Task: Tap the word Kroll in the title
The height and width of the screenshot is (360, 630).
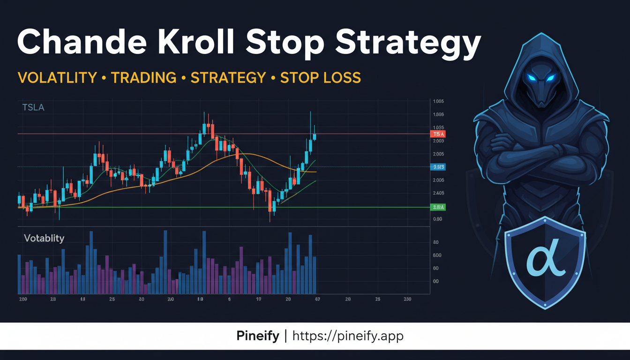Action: [x=199, y=43]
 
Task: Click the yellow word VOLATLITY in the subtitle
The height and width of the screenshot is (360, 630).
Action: [x=57, y=78]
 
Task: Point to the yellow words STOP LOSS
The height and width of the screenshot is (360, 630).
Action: [x=321, y=78]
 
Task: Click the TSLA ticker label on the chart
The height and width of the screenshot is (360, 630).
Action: [x=33, y=108]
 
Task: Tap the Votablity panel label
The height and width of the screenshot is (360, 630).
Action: [x=44, y=238]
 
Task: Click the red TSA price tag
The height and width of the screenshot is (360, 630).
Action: [x=437, y=134]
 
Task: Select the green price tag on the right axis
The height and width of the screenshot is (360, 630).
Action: [x=437, y=207]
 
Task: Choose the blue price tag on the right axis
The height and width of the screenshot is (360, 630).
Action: [x=437, y=167]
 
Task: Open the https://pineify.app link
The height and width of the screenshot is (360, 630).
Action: [x=348, y=336]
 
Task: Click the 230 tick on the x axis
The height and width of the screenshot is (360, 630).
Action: [x=407, y=299]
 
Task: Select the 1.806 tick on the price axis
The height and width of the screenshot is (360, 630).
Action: [x=439, y=114]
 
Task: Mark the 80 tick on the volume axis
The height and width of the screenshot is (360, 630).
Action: [x=436, y=242]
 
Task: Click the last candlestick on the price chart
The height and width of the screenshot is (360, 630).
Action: [x=315, y=136]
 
